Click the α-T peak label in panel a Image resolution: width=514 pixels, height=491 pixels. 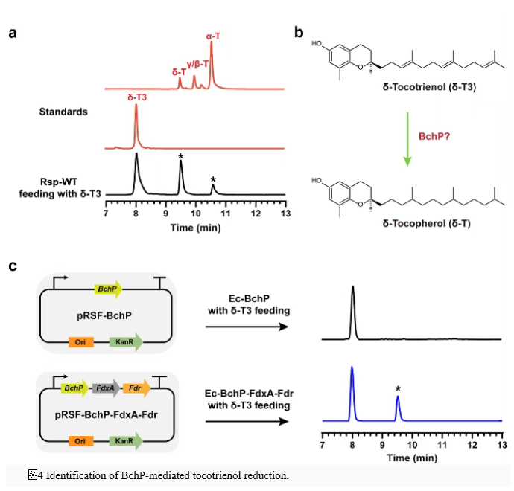point(213,36)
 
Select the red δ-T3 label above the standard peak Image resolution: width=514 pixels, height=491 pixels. point(137,97)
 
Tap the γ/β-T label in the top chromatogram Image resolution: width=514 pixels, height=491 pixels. point(197,64)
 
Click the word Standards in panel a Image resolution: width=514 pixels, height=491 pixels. point(63,112)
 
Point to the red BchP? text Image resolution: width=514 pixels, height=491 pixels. point(434,136)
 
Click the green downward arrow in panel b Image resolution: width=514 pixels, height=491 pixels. point(407,139)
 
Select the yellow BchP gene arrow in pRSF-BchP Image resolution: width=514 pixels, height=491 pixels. point(108,289)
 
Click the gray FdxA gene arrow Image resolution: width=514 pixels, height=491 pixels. point(106,388)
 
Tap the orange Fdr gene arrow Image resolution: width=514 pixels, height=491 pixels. point(136,388)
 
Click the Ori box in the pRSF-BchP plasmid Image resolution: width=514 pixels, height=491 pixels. point(81,342)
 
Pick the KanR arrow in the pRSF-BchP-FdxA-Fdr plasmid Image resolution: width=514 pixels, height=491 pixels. point(126,441)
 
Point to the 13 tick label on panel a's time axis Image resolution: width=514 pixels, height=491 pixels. point(285,214)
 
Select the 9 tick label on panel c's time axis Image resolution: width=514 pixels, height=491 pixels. point(382,445)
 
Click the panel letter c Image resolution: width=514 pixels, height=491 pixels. point(13,266)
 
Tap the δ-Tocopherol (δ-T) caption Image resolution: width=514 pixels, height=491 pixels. point(427,224)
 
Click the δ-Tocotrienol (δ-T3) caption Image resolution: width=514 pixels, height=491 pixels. point(429,87)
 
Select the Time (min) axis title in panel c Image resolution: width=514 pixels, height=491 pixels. point(412,458)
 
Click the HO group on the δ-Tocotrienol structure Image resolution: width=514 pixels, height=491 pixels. point(317,44)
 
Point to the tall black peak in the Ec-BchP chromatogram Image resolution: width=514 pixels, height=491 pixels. point(352,312)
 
